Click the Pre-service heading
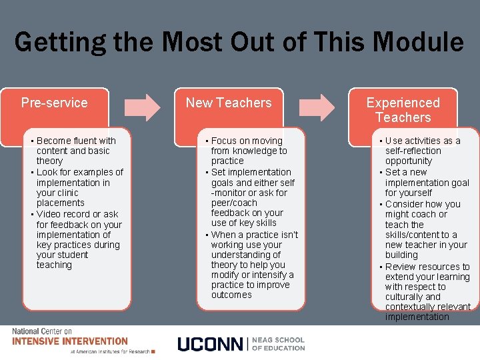54,103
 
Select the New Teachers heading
229,103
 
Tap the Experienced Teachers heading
403,110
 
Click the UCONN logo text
210,344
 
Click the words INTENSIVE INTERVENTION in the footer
70,341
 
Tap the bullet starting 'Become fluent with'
76,141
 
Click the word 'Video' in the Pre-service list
49,214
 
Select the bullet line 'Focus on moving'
247,141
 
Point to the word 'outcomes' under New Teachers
231,295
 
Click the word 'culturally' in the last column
405,297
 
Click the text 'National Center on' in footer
41,331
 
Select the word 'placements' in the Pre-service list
61,203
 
